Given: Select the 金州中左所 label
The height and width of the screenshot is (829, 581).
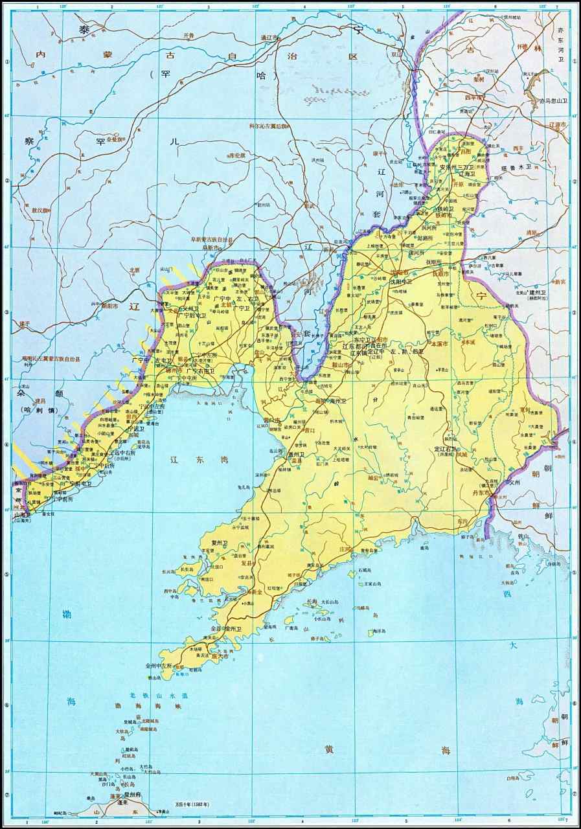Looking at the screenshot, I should tap(159, 665).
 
